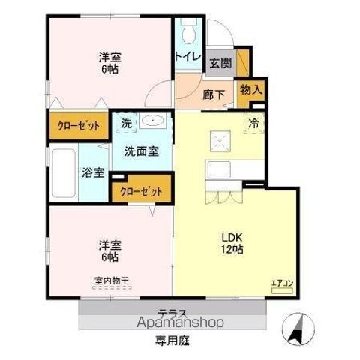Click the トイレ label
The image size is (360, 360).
[187, 55]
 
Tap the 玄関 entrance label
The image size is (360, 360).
[220, 63]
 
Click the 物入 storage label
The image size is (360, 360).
[251, 89]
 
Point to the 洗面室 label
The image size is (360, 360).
[141, 151]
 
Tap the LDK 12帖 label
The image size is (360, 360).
[232, 244]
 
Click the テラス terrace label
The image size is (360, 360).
[172, 312]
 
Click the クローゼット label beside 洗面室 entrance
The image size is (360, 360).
[141, 190]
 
